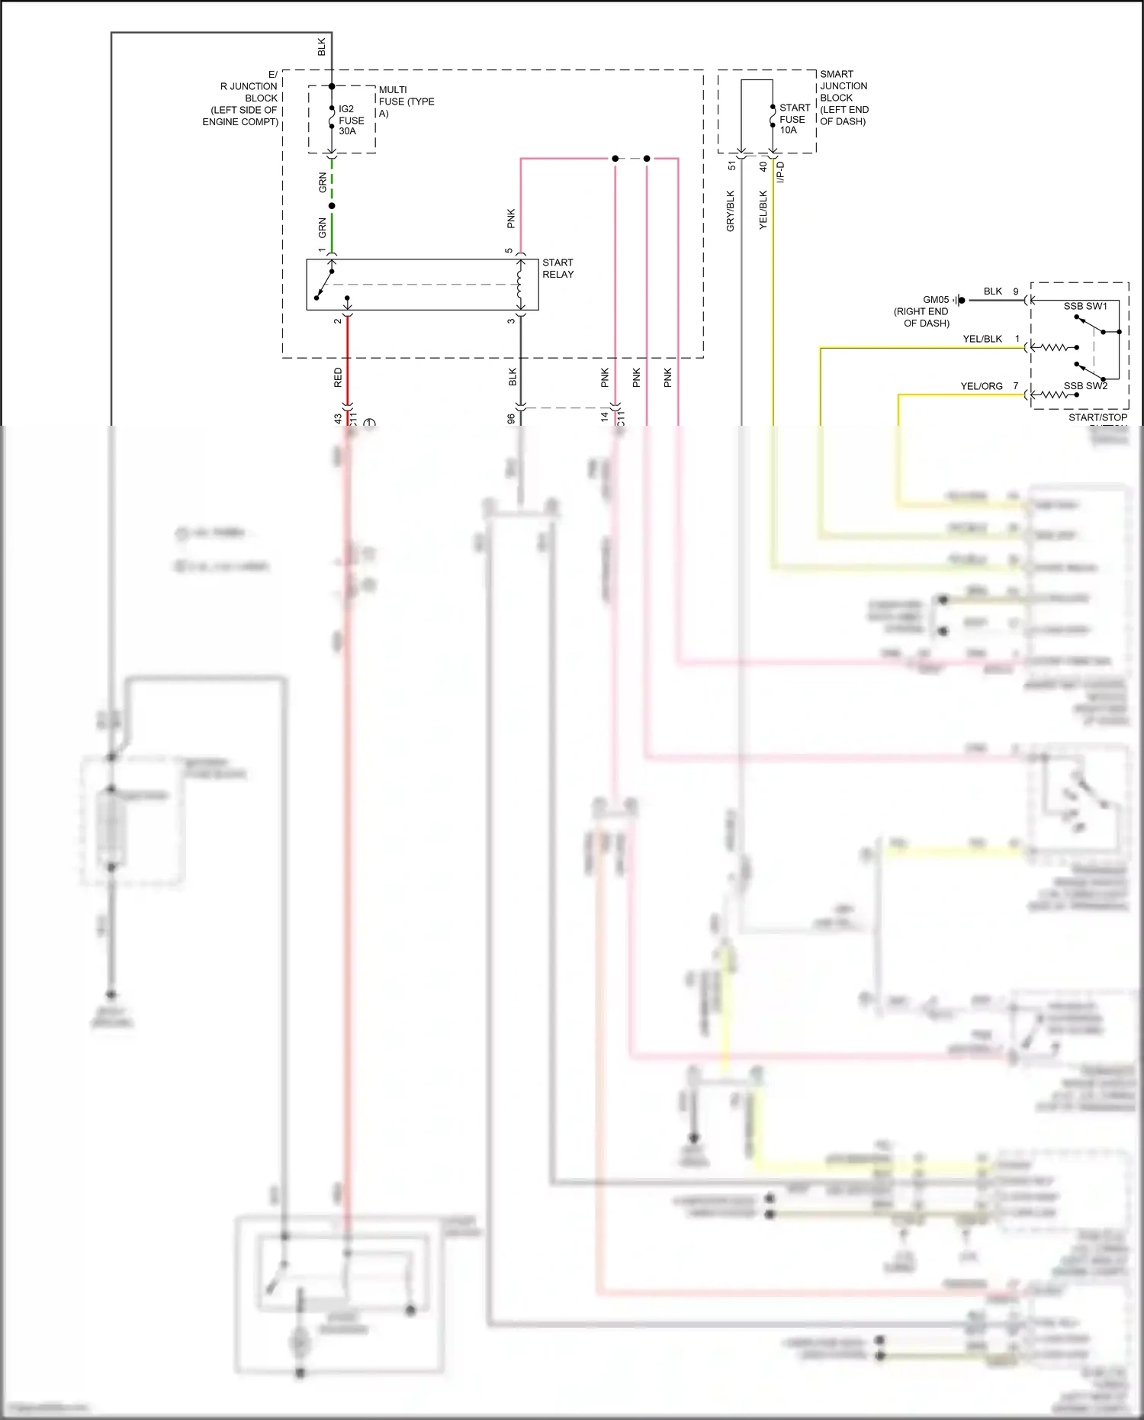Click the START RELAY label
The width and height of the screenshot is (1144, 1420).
[x=558, y=268]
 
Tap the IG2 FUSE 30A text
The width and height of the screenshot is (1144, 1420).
[x=351, y=120]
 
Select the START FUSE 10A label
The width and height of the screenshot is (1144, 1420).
[x=794, y=119]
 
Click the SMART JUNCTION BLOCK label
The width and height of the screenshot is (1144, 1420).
[x=844, y=98]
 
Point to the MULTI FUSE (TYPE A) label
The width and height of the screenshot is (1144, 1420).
[x=406, y=101]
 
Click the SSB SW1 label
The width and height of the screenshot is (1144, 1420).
[x=1085, y=306]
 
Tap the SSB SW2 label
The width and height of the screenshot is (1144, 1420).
[x=1085, y=386]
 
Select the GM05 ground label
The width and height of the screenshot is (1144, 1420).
[x=935, y=300]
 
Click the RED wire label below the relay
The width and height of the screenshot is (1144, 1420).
[x=338, y=377]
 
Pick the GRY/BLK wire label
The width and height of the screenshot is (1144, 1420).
[x=730, y=211]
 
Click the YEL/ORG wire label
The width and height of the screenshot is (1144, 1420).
[x=981, y=386]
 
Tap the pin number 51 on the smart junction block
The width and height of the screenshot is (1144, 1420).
[x=731, y=166]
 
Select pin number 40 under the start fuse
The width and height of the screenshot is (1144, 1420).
[x=763, y=166]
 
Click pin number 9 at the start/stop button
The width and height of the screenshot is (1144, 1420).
[x=1015, y=291]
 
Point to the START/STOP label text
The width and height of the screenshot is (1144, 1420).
[x=1097, y=417]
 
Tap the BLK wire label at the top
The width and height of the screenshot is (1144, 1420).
[x=321, y=47]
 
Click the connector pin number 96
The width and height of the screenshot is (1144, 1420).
[x=510, y=419]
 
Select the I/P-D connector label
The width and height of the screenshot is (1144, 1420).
[x=780, y=172]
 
